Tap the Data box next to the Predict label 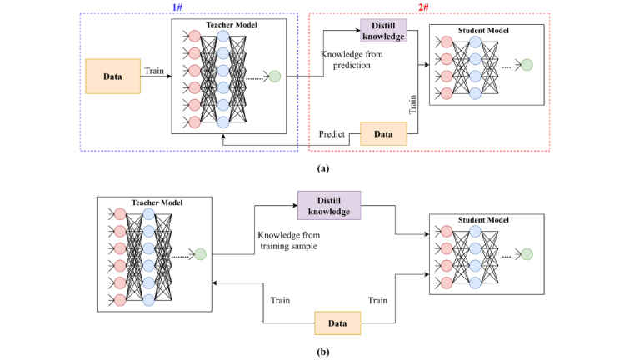[x=382, y=133]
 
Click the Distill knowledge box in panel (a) [x=382, y=31]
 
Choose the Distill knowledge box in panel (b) [x=329, y=205]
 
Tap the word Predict [x=332, y=133]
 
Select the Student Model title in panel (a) [x=487, y=31]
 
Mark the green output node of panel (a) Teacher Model [x=274, y=77]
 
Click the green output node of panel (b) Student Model [x=527, y=253]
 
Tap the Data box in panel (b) [x=337, y=322]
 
